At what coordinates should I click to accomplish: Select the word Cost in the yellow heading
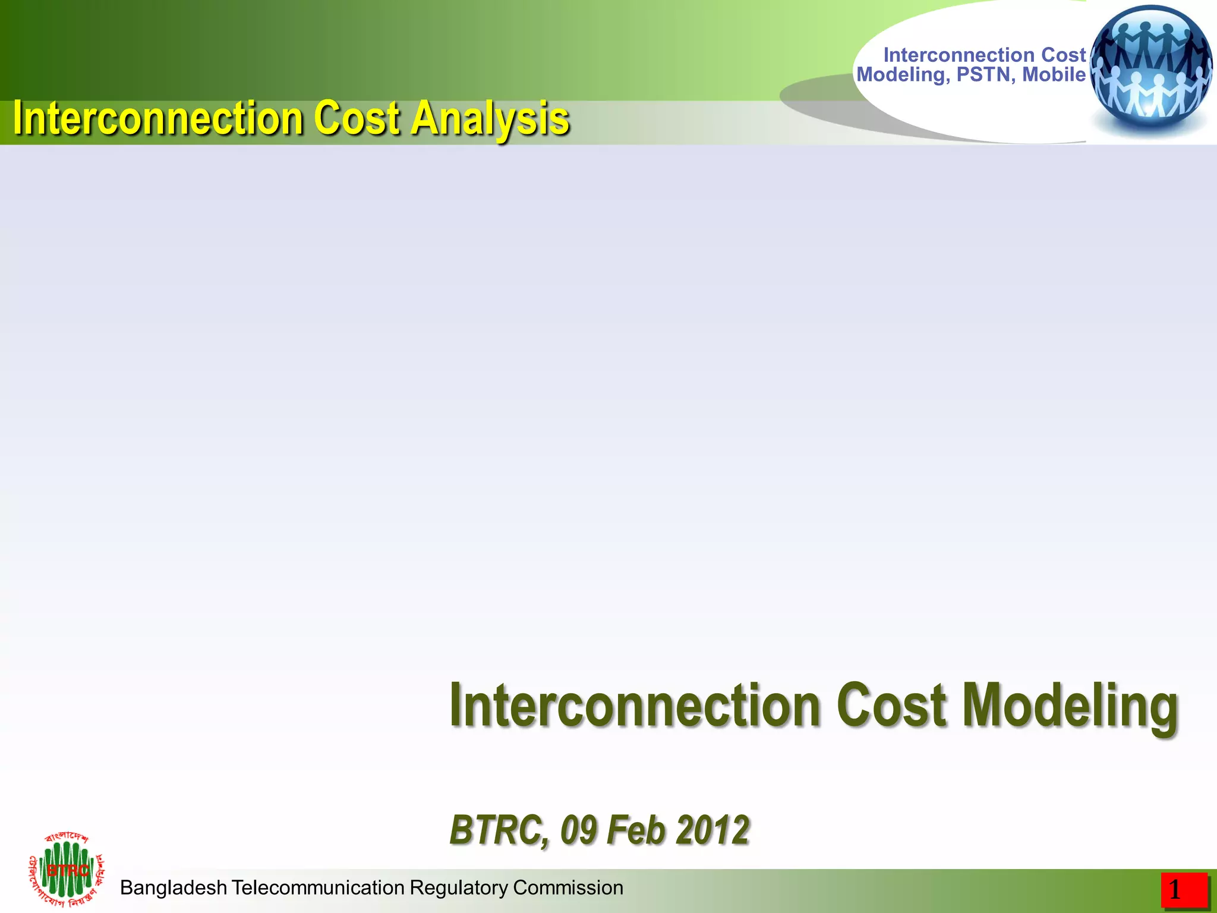click(357, 119)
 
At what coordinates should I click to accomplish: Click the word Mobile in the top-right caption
click(1054, 75)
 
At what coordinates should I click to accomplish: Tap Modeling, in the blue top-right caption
click(903, 75)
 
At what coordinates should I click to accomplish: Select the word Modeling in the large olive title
click(1070, 706)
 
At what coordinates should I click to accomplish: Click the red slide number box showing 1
click(1184, 890)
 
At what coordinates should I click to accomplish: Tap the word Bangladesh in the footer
click(174, 887)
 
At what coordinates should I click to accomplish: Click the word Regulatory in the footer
click(459, 888)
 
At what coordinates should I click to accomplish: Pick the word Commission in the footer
click(568, 887)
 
